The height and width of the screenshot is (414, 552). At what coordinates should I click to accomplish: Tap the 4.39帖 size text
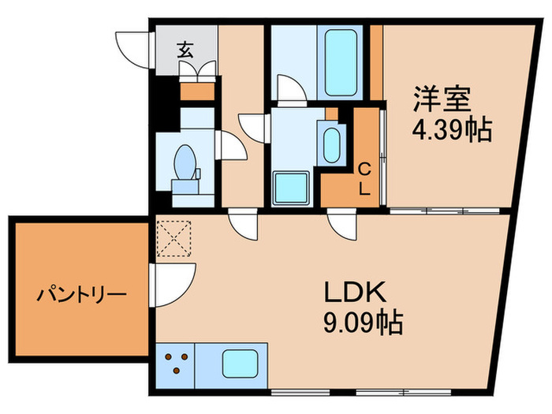[x=453, y=129]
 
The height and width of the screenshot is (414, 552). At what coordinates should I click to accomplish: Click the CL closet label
[x=365, y=178]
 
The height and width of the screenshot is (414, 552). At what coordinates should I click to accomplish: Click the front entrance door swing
[x=132, y=49]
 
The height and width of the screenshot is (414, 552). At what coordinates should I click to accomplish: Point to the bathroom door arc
[x=291, y=88]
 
